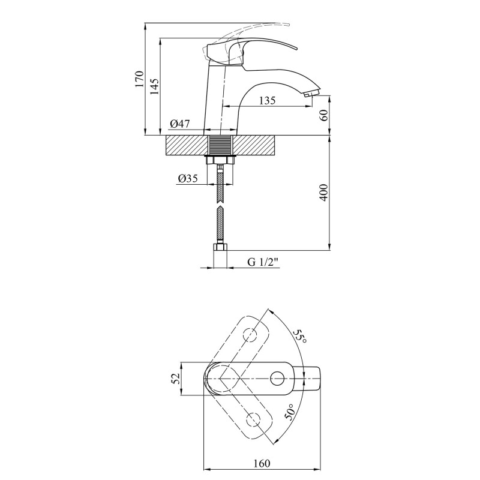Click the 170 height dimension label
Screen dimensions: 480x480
coord(139,80)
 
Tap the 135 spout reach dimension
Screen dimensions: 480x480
coord(267,101)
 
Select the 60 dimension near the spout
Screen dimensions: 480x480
coord(324,116)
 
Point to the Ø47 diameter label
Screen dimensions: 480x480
coord(179,124)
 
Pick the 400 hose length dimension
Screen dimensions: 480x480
coord(324,192)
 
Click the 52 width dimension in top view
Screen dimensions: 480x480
coord(175,379)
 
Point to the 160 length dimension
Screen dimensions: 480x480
coord(262,463)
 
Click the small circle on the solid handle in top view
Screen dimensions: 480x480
coord(277,378)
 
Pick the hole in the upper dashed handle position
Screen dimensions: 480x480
coord(250,334)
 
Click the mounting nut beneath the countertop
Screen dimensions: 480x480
coord(221,160)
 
